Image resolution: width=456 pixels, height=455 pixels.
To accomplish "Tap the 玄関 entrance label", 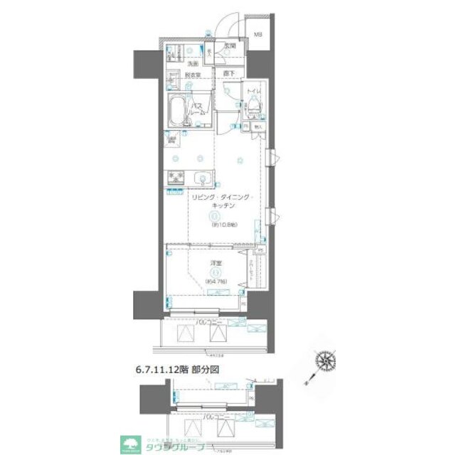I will point(228,46).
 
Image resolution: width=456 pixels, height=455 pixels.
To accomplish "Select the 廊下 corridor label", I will point(228,73).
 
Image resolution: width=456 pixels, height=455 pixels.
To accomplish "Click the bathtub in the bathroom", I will point(179,111).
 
